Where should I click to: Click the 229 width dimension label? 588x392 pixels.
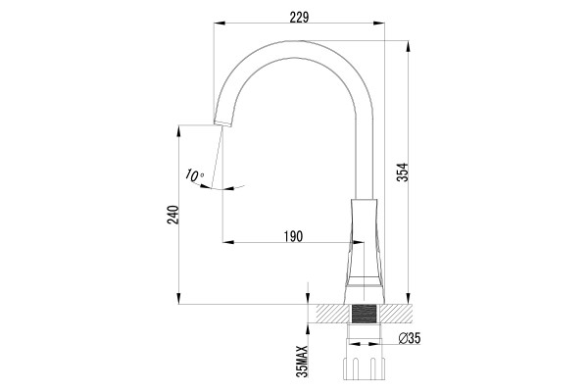[x=299, y=18]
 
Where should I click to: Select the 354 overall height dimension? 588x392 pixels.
[x=403, y=172]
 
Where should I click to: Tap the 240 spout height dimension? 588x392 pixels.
[x=172, y=215]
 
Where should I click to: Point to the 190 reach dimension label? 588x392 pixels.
[x=293, y=237]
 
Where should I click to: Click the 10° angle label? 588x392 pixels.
[x=194, y=175]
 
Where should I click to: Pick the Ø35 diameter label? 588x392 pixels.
[x=410, y=338]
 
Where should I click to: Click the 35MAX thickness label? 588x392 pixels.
[x=302, y=362]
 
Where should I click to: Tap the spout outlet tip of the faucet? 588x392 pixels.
[x=222, y=124]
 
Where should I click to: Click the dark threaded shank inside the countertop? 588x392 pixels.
[x=364, y=314]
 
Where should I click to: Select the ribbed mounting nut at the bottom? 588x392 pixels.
[x=364, y=369]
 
